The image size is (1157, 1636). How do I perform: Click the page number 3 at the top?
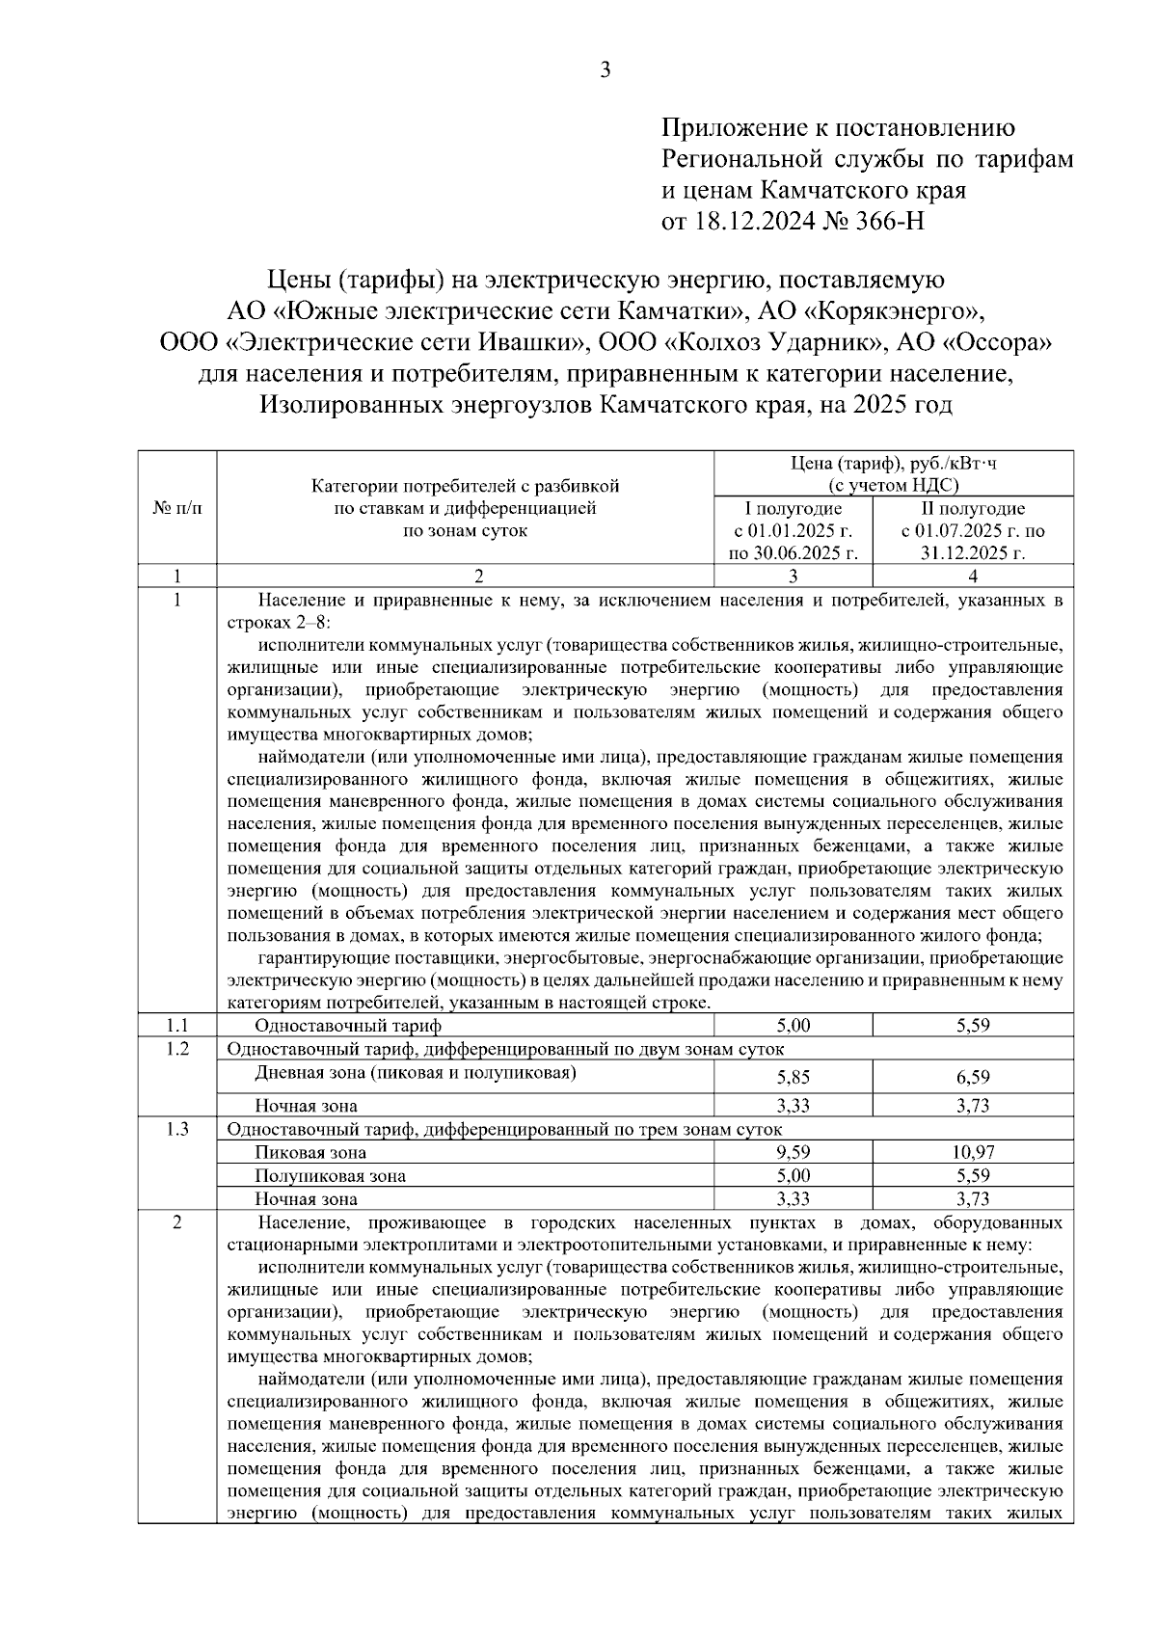(605, 69)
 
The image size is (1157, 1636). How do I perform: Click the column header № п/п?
(177, 508)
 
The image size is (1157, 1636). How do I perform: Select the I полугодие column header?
(794, 508)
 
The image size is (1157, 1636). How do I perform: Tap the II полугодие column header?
(973, 508)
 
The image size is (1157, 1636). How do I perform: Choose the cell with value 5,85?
(794, 1077)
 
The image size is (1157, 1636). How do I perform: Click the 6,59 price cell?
(973, 1077)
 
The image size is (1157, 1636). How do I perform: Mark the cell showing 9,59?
(794, 1152)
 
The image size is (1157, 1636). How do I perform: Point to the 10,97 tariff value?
(973, 1152)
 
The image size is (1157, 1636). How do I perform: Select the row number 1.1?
(177, 1025)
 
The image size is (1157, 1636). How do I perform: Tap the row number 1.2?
(177, 1048)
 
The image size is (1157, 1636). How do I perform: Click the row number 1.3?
(177, 1129)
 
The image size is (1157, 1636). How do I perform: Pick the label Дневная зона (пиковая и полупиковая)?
(416, 1072)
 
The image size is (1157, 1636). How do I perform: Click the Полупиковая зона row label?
(330, 1176)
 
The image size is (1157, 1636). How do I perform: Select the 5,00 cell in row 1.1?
(794, 1025)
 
